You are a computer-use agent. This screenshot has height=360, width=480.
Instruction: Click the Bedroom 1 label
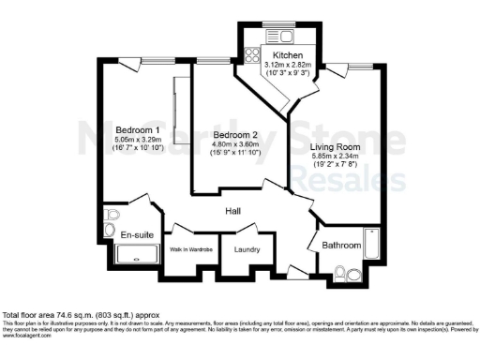click(137, 129)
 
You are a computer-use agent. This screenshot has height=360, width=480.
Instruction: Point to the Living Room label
click(336, 147)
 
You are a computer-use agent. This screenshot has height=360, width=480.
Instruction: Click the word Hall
click(235, 212)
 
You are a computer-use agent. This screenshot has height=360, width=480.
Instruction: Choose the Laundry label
click(247, 248)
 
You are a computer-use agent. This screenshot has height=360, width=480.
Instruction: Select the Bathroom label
click(342, 245)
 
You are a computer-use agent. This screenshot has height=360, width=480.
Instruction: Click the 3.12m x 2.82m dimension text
click(287, 66)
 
